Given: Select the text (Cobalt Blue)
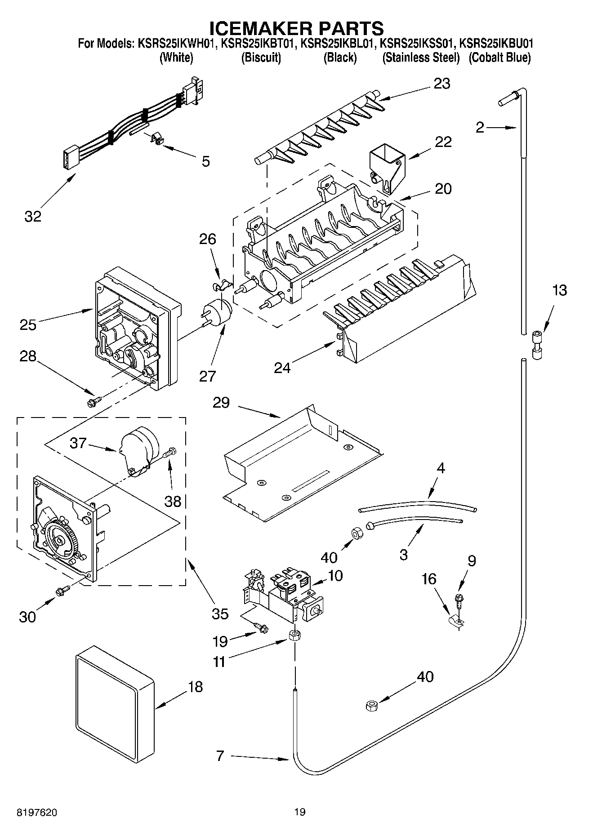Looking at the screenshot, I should (x=499, y=58).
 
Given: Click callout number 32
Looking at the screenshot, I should (x=33, y=216).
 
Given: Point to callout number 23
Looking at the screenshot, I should (x=441, y=84).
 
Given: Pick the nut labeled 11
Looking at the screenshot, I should (x=295, y=636).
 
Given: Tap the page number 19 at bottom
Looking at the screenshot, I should (x=300, y=812).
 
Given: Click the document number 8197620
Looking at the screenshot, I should (x=37, y=812).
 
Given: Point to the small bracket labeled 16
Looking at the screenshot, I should (x=458, y=621).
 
